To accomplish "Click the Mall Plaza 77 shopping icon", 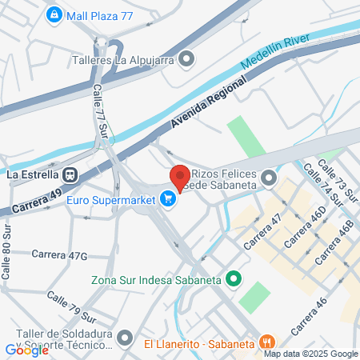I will click(54, 14).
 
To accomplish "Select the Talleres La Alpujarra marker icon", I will click(187, 58).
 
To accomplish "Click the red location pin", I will click(179, 177).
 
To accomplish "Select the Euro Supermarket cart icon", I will click(168, 198).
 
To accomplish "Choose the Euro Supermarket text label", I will click(110, 198).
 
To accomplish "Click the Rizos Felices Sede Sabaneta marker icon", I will click(269, 177).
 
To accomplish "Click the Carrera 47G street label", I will click(58, 254).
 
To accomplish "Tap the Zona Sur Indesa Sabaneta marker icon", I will click(234, 279).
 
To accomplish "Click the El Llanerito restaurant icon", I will click(268, 343).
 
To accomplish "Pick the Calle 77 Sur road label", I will click(101, 111).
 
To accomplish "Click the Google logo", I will click(26, 350).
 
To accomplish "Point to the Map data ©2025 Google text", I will click(311, 354).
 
